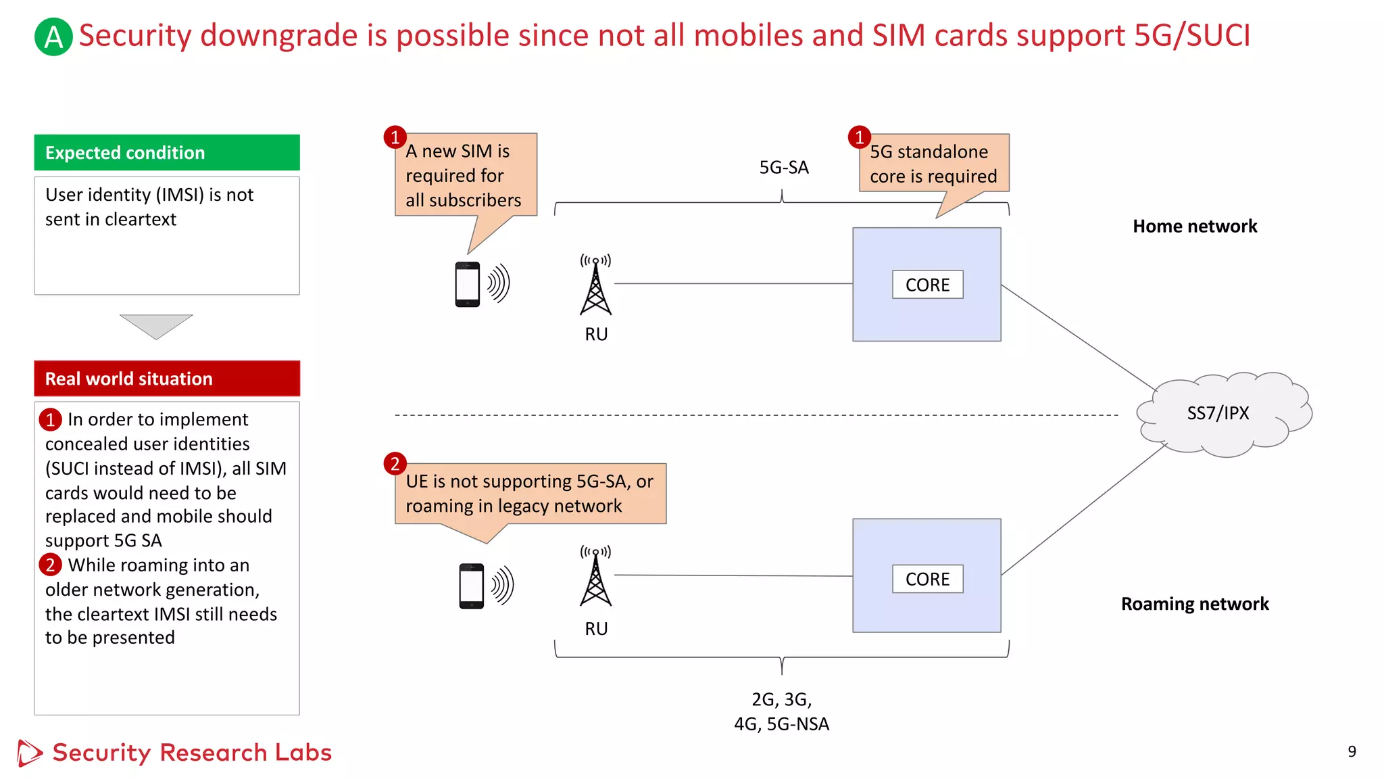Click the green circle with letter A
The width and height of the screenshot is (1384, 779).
pyautogui.click(x=53, y=37)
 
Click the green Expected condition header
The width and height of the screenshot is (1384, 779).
pyautogui.click(x=167, y=153)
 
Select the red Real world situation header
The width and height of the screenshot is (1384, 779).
pyautogui.click(x=167, y=379)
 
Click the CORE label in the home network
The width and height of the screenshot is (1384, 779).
pyautogui.click(x=927, y=285)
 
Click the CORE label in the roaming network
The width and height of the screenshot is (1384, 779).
pyautogui.click(x=927, y=580)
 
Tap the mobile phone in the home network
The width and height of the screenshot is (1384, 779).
pyautogui.click(x=468, y=284)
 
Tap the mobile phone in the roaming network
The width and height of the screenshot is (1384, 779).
pyautogui.click(x=472, y=586)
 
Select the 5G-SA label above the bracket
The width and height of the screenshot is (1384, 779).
pyautogui.click(x=784, y=168)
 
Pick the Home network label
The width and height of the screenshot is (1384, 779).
pyautogui.click(x=1195, y=227)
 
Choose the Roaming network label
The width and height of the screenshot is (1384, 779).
pyautogui.click(x=1195, y=604)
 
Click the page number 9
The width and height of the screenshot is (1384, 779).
pyautogui.click(x=1352, y=751)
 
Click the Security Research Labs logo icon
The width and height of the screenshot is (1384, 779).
pyautogui.click(x=29, y=753)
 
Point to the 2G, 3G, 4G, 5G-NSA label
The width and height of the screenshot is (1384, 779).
pyautogui.click(x=782, y=711)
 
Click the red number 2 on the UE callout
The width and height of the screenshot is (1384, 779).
pyautogui.click(x=395, y=464)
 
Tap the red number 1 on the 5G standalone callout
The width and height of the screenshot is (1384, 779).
pyautogui.click(x=859, y=137)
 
